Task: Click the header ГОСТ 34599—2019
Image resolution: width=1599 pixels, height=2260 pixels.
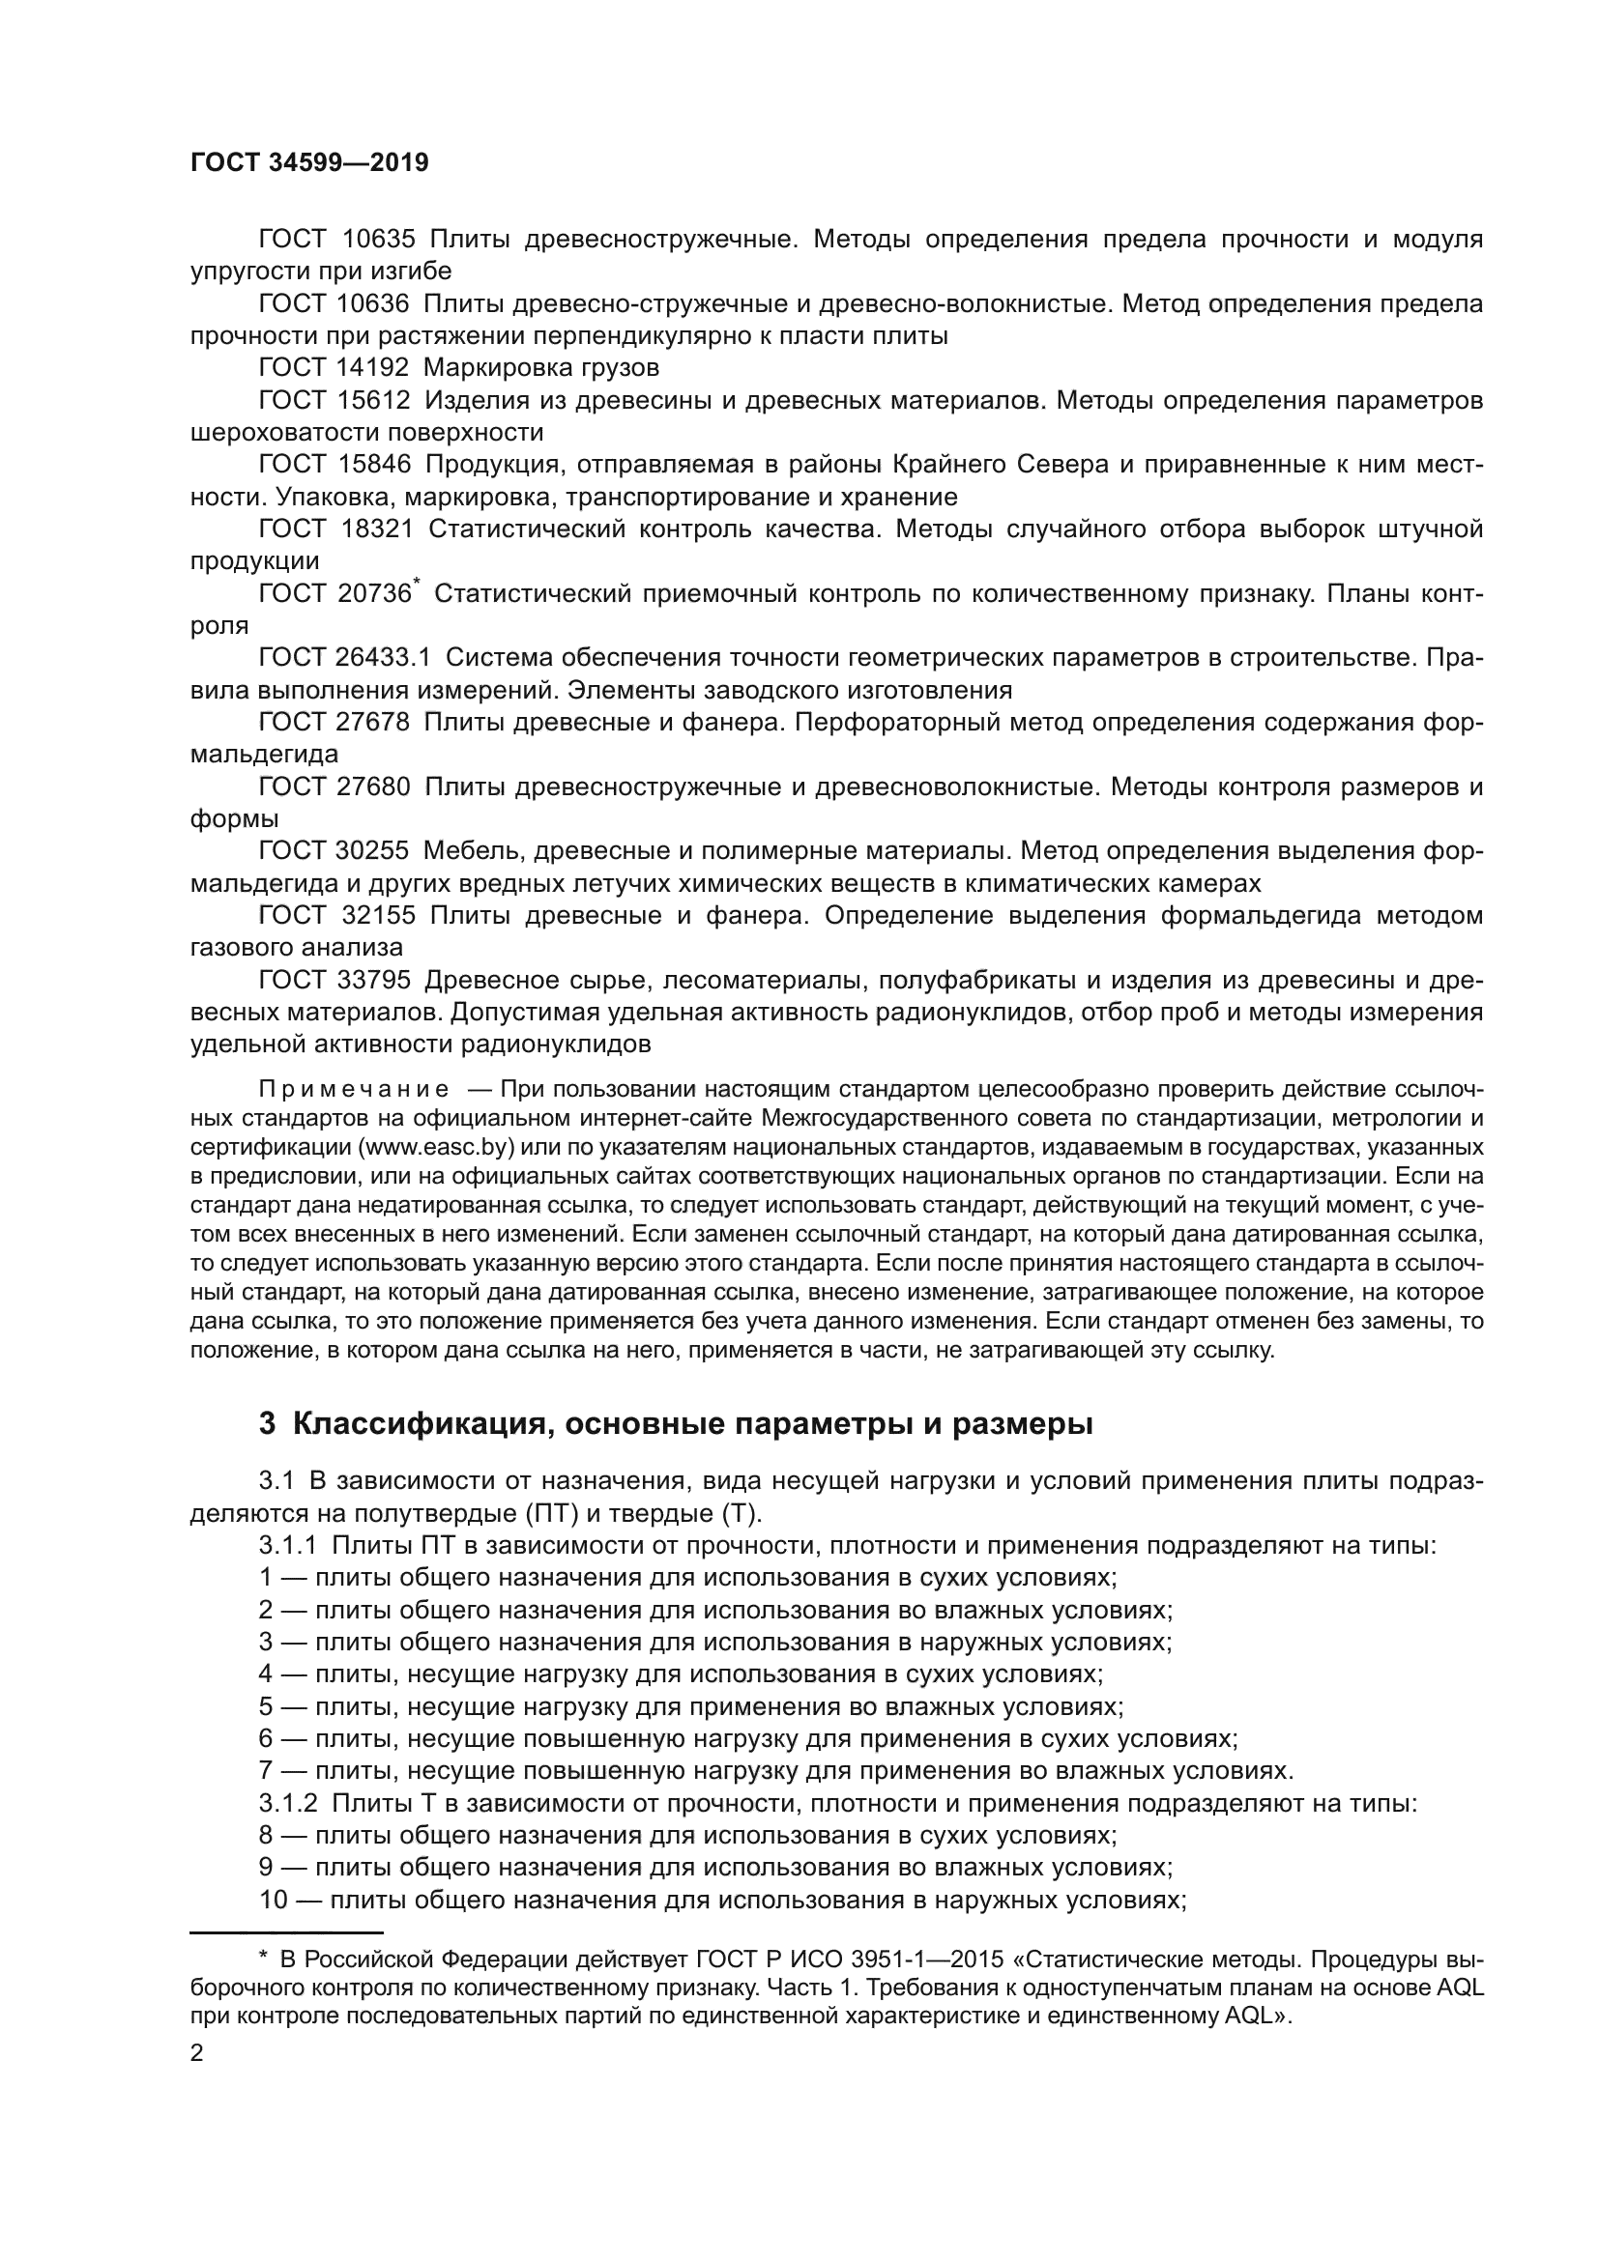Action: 309,162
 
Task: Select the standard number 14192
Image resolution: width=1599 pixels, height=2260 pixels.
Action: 373,368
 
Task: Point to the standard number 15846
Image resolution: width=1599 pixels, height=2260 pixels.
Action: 373,465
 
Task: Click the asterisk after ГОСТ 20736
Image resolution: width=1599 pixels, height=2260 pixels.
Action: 418,585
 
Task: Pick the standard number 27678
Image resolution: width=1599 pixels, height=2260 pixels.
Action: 373,722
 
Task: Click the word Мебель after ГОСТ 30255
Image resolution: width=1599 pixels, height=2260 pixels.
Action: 473,850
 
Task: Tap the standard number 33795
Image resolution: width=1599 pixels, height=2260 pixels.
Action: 373,980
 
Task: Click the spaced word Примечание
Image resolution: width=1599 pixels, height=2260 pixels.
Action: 354,1090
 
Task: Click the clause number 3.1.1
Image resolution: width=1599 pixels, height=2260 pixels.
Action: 287,1545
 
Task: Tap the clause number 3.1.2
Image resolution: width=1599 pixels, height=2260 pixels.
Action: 287,1803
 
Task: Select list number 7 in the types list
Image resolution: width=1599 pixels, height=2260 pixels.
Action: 266,1771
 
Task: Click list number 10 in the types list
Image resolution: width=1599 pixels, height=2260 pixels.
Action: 273,1900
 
